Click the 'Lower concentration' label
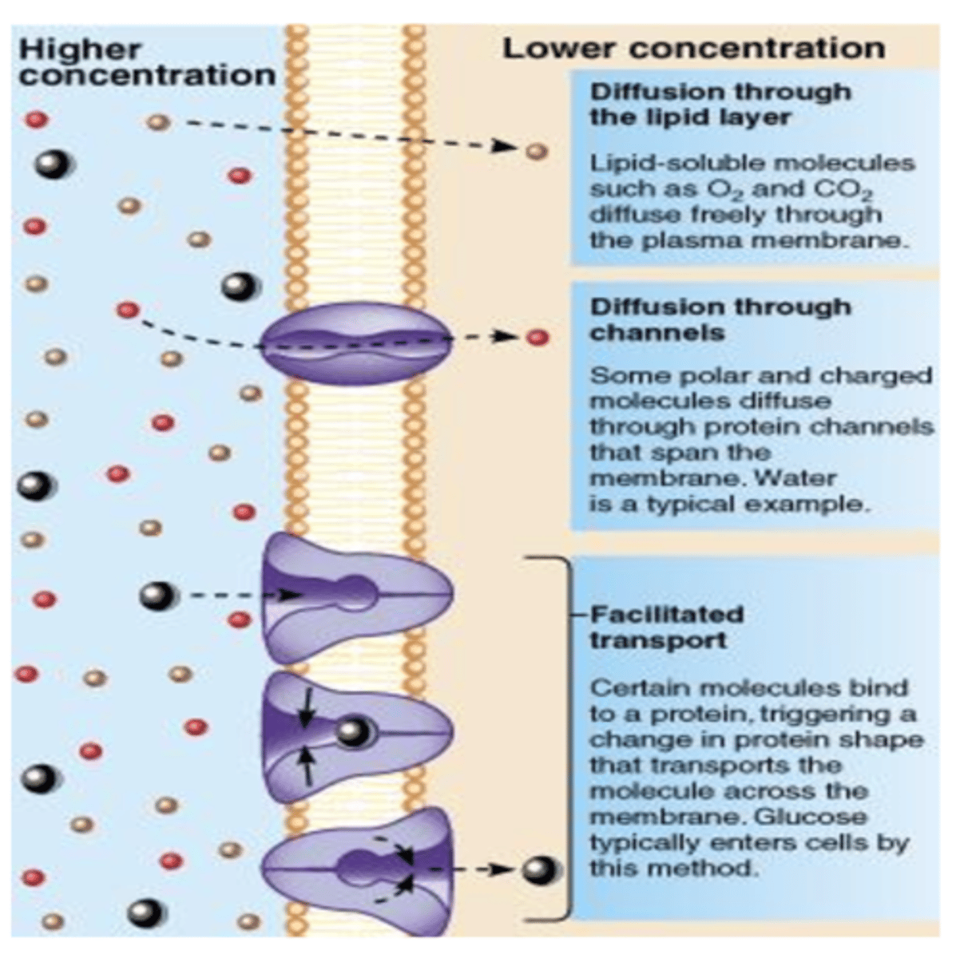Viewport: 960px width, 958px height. click(692, 48)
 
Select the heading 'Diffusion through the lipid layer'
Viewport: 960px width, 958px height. click(720, 105)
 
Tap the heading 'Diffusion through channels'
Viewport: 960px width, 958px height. click(720, 319)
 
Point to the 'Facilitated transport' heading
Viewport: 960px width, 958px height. click(666, 627)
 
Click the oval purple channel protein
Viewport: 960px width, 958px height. click(357, 342)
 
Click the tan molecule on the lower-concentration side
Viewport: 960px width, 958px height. click(537, 151)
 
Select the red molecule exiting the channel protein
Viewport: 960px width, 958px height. click(538, 338)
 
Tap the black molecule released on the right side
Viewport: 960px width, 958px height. click(538, 869)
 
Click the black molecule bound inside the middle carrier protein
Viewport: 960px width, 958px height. click(352, 731)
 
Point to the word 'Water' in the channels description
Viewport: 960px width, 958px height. click(795, 478)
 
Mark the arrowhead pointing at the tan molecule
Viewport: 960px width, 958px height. click(504, 146)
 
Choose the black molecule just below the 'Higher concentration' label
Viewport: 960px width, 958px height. click(52, 164)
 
